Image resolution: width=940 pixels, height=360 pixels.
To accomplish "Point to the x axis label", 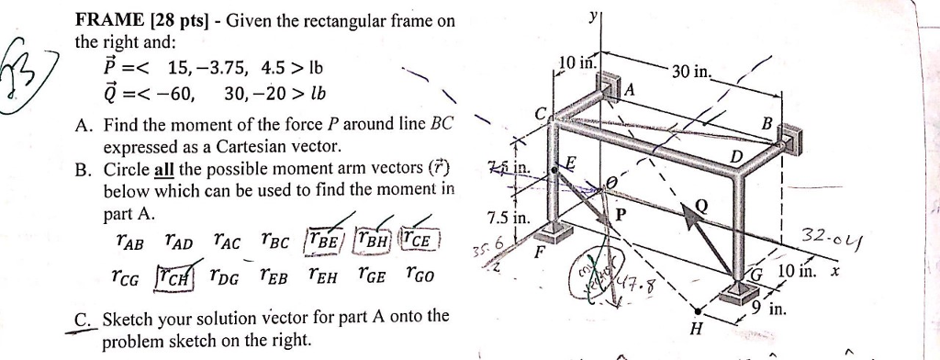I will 834,272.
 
